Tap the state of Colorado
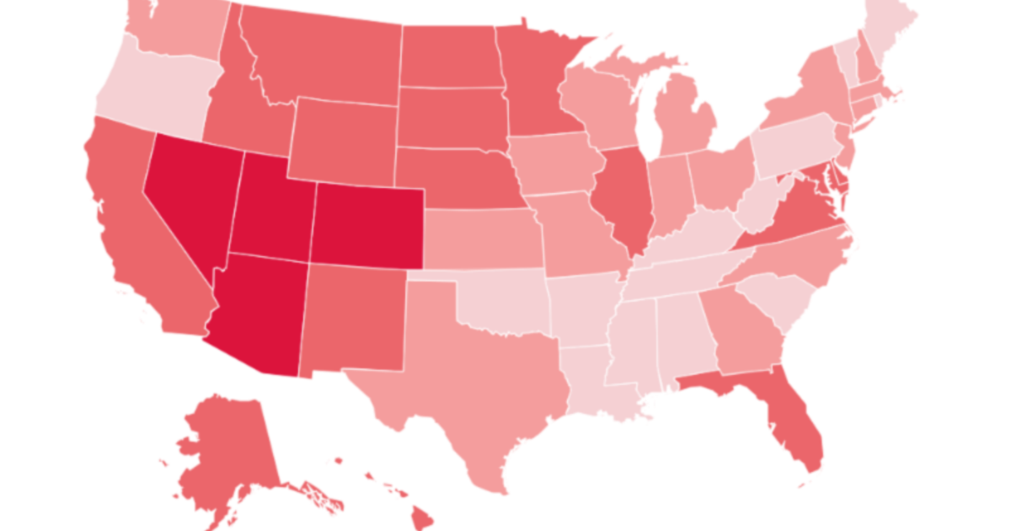[366, 223]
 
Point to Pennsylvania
[796, 147]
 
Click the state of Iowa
[552, 164]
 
